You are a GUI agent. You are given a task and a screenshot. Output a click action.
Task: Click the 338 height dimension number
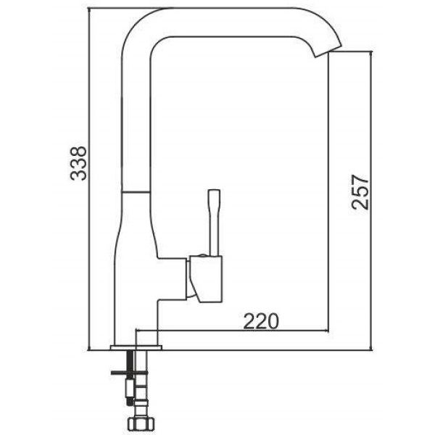(x=78, y=163)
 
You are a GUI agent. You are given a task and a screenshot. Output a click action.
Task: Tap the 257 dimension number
(x=360, y=191)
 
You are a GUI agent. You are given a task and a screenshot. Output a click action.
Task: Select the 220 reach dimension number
(x=260, y=321)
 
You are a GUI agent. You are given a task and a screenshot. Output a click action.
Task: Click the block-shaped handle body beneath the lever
(x=206, y=278)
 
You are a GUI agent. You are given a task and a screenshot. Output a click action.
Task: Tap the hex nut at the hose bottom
(x=141, y=423)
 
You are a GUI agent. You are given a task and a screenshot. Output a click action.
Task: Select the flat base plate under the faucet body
(x=136, y=347)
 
